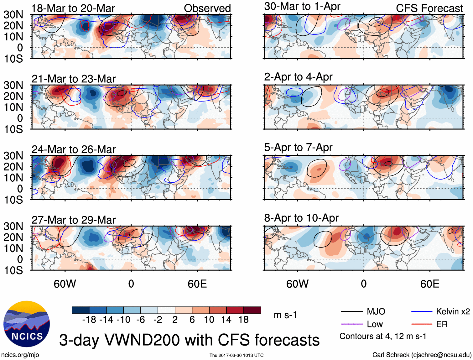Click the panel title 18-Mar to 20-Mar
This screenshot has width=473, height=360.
[73, 8]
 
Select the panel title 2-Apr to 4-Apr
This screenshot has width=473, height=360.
[298, 77]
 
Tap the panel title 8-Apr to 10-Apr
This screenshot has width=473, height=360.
[301, 218]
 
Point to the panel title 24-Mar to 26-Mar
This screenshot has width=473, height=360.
[74, 149]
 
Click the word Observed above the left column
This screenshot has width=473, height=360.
[207, 8]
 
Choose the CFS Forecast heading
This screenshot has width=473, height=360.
[429, 8]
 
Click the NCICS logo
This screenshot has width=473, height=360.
[27, 324]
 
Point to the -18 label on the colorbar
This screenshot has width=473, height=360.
[89, 320]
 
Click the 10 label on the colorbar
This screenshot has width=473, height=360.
[209, 320]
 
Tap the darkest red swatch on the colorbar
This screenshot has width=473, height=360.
[252, 310]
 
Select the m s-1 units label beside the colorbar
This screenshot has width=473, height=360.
[285, 315]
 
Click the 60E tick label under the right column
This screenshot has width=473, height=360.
[429, 284]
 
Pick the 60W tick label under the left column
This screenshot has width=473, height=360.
[65, 284]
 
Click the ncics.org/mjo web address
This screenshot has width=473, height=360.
[20, 355]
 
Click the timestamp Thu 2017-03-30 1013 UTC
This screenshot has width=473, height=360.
[236, 355]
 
